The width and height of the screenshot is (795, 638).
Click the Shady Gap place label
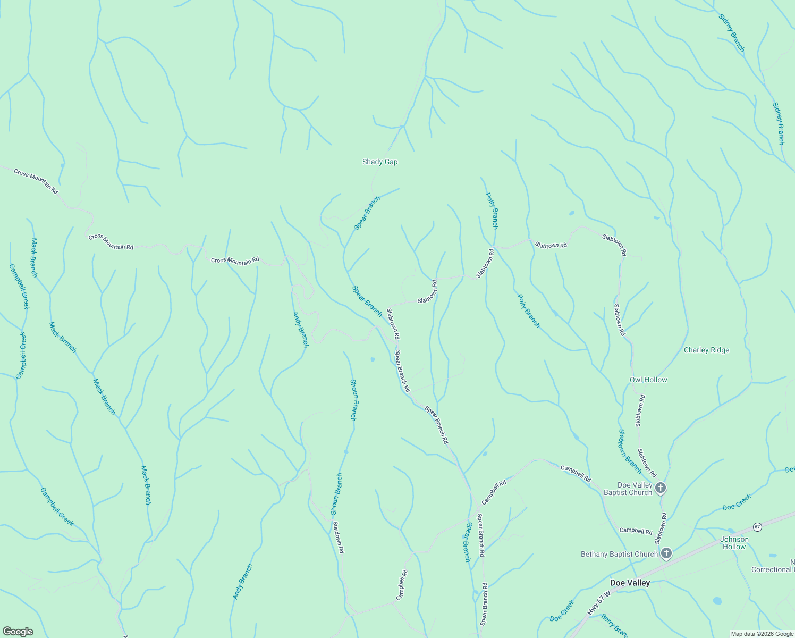coord(380,162)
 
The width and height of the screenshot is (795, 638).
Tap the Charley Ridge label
coord(706,350)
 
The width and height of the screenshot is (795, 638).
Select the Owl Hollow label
coord(648,380)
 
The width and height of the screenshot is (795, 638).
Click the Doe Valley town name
coord(630,583)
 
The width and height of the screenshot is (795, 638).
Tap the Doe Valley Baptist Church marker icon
coord(660,488)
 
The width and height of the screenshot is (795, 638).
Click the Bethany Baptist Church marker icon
coord(666,554)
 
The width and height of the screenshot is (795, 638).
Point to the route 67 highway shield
coord(757,527)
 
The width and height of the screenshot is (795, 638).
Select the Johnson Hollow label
coord(734,543)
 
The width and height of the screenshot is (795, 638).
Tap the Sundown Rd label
coord(339,538)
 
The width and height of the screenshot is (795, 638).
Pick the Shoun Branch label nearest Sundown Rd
coord(336,494)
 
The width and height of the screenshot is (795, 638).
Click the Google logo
coord(18,631)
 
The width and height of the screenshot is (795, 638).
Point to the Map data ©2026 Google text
coord(762,634)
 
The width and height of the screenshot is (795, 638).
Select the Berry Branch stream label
coord(615,626)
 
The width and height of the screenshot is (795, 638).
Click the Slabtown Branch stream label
coord(630,451)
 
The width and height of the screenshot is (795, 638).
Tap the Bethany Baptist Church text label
coord(619,554)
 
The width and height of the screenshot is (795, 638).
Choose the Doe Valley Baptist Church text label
coord(628,489)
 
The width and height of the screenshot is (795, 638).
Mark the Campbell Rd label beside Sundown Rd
coord(402,585)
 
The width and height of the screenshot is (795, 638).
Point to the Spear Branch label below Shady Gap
coord(367,213)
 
